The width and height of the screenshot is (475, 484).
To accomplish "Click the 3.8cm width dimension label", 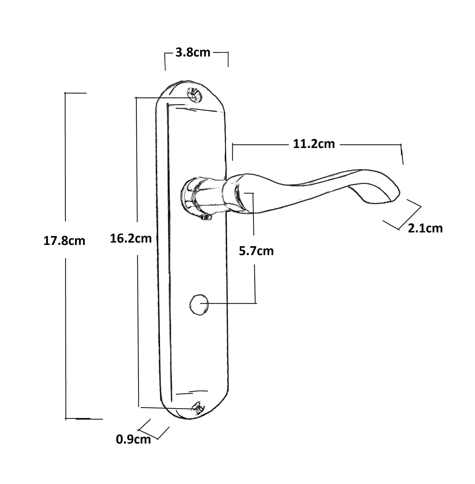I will [x=193, y=53].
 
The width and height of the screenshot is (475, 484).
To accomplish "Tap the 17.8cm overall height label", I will [x=64, y=241].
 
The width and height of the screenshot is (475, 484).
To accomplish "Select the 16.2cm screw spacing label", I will [x=131, y=238].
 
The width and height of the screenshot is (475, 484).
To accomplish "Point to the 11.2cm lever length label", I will [x=314, y=144].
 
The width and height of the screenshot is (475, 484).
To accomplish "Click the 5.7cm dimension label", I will [x=256, y=251].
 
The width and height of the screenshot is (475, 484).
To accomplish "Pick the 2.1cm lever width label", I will [x=425, y=228].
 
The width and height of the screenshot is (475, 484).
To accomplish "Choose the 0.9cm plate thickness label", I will [x=133, y=439].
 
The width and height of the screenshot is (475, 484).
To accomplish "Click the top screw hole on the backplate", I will [x=194, y=96].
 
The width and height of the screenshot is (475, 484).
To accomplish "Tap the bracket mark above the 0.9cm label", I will [x=154, y=429].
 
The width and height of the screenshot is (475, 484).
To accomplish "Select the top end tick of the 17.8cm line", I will [x=76, y=93].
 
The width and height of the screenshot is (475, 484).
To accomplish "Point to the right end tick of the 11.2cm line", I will [x=401, y=154].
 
